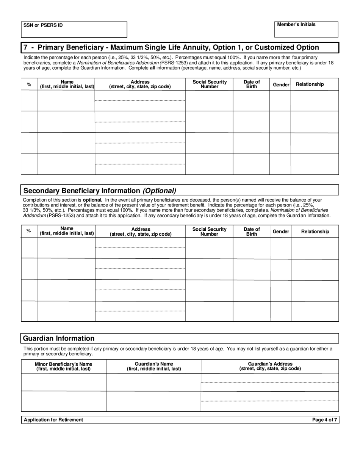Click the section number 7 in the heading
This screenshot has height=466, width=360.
point(25,47)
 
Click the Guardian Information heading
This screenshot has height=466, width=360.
point(59,338)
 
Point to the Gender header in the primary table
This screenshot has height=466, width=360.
point(281,84)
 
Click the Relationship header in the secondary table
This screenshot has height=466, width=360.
point(315,231)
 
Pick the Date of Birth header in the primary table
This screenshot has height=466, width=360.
point(252,84)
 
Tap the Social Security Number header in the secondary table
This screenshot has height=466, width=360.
point(209,231)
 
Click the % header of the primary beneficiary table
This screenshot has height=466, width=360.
point(29,84)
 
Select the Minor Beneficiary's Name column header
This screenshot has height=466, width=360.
point(63,366)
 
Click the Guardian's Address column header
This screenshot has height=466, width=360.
point(270,366)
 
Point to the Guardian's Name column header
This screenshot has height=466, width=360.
point(153,366)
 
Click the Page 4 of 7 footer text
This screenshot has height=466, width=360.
point(324,420)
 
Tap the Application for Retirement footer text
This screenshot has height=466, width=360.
point(53,420)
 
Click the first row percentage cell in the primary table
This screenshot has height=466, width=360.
point(29,101)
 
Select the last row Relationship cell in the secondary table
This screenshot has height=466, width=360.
point(315,311)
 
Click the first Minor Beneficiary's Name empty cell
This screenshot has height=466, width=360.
point(63,382)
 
